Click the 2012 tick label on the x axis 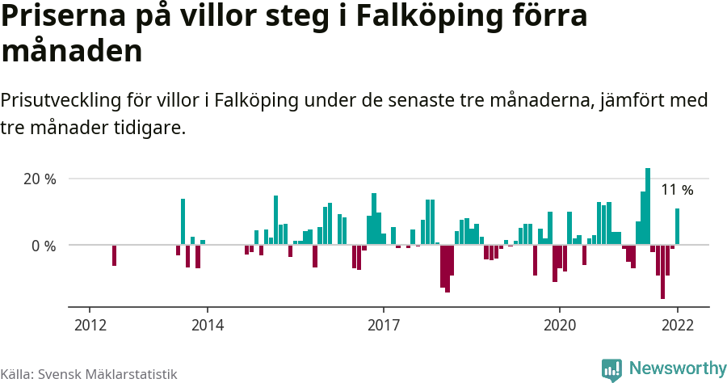tap(90, 325)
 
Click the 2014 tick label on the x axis tap(208, 325)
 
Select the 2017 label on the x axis tap(384, 325)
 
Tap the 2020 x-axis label tap(559, 325)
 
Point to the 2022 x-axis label tap(677, 325)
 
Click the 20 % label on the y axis tap(40, 179)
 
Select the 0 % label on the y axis tap(44, 246)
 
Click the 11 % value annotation tap(677, 191)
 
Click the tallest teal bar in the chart tap(648, 206)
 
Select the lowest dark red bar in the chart tap(662, 271)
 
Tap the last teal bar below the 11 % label tap(678, 227)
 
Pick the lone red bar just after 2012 tap(115, 255)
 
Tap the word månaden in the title tap(72, 51)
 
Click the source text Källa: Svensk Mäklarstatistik tap(89, 374)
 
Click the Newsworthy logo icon tap(611, 369)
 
